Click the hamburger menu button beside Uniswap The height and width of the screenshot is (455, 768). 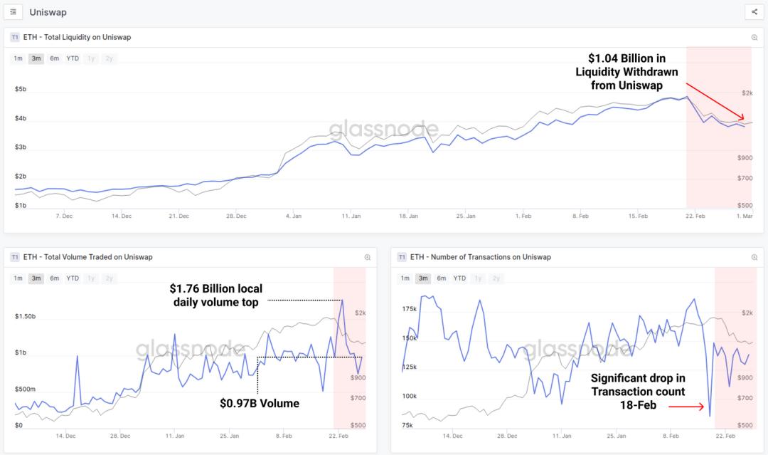[x=13, y=12]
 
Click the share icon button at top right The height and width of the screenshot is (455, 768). [x=754, y=12]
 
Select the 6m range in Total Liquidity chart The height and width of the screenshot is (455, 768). [x=54, y=58]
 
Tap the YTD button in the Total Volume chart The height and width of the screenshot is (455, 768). [x=73, y=278]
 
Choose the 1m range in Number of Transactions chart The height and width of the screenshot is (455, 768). [x=405, y=278]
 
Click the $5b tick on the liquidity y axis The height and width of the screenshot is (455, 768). [x=21, y=90]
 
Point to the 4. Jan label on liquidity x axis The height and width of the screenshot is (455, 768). [x=293, y=215]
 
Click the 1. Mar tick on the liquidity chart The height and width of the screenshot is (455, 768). [x=744, y=215]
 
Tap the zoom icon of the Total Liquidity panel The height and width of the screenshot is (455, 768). [x=754, y=37]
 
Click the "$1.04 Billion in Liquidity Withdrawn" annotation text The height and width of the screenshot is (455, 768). [x=626, y=71]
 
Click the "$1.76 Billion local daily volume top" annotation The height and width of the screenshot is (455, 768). [x=216, y=296]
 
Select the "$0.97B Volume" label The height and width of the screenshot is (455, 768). [x=260, y=404]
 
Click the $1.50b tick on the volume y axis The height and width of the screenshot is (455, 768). [x=26, y=316]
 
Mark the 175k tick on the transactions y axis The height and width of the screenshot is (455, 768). [x=409, y=309]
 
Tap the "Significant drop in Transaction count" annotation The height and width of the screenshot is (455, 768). [x=638, y=392]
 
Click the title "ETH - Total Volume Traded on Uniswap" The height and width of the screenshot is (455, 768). [x=87, y=257]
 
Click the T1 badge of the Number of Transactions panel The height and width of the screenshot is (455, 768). [x=402, y=257]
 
